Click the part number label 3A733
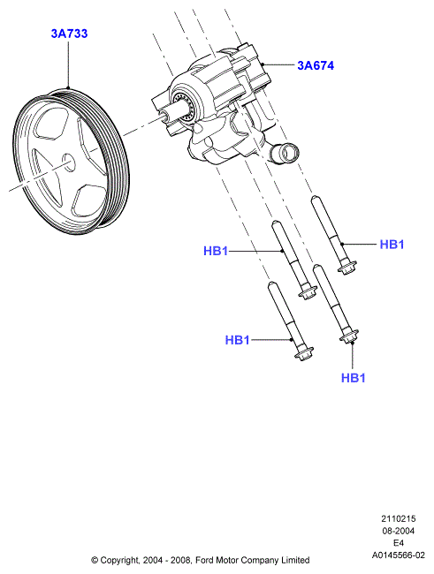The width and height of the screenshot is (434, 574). (69, 34)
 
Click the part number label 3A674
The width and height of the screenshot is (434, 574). (316, 65)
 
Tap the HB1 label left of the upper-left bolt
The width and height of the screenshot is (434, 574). (216, 251)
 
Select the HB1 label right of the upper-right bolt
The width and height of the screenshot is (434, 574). (392, 244)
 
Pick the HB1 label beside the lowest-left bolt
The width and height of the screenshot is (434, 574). (237, 340)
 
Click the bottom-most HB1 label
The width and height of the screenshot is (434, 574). (354, 378)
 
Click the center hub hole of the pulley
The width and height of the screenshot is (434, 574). (69, 162)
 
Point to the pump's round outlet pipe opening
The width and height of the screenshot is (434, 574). (290, 152)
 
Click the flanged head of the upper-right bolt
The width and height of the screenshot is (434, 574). (346, 268)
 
